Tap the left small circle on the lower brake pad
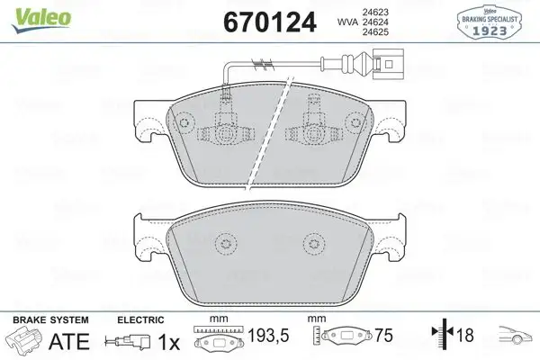click(x=221, y=241)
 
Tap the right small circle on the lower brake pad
click(x=312, y=241)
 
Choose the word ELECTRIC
click(x=140, y=319)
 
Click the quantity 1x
click(x=168, y=341)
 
